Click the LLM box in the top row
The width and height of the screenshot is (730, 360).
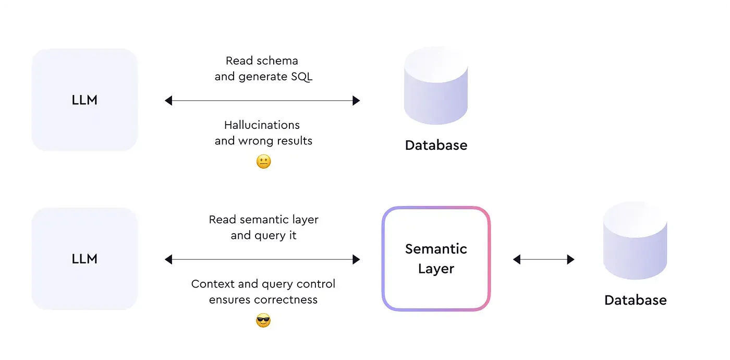pyautogui.click(x=84, y=100)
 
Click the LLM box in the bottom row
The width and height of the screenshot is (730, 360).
pyautogui.click(x=84, y=259)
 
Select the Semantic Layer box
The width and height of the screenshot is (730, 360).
pyautogui.click(x=436, y=258)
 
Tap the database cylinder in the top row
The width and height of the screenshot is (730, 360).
pyautogui.click(x=436, y=86)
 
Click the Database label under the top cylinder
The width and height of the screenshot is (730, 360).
pyautogui.click(x=436, y=145)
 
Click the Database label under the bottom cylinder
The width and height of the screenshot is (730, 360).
pyautogui.click(x=635, y=300)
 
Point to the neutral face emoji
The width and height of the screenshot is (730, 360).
pyautogui.click(x=264, y=162)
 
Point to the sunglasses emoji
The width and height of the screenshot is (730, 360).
pyautogui.click(x=264, y=321)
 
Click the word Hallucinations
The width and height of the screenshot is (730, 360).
pyautogui.click(x=262, y=125)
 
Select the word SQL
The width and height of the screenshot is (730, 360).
pyautogui.click(x=301, y=77)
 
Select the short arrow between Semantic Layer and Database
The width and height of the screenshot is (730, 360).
pyautogui.click(x=543, y=259)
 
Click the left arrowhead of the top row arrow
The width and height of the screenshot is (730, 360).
pyautogui.click(x=168, y=101)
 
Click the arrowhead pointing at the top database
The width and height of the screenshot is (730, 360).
pyautogui.click(x=356, y=101)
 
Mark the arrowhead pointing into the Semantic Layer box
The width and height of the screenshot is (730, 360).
pyautogui.click(x=356, y=259)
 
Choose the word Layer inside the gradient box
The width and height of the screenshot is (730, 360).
pyautogui.click(x=436, y=269)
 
